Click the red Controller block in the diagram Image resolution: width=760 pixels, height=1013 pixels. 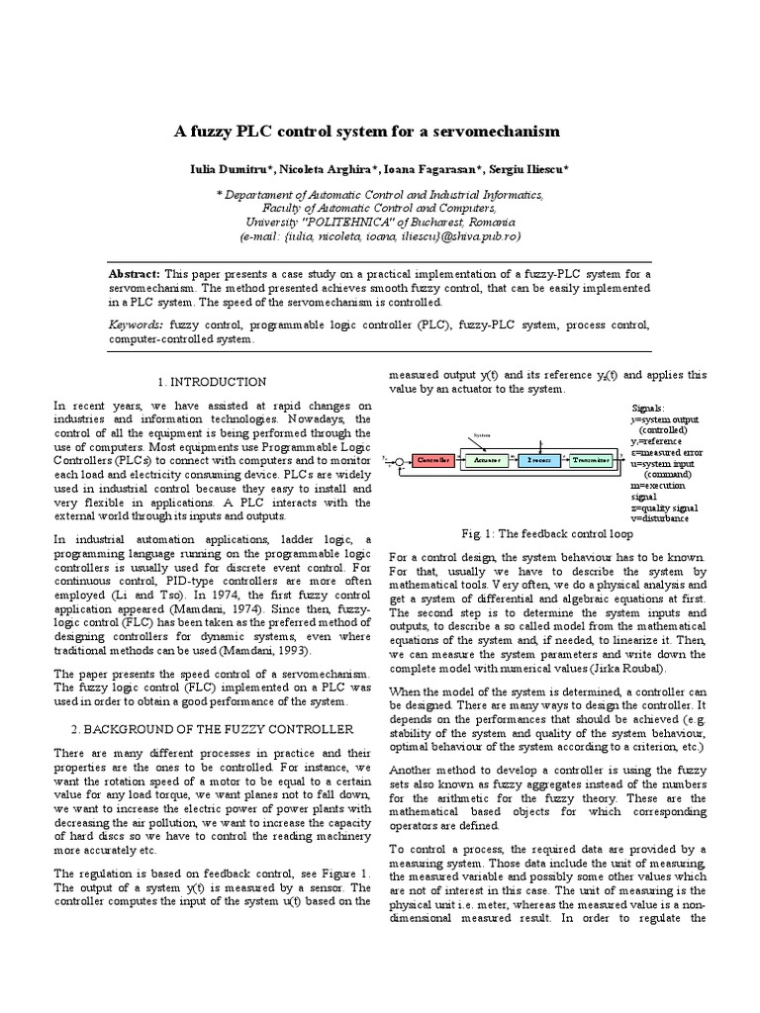click(433, 461)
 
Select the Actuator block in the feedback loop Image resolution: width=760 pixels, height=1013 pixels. click(487, 461)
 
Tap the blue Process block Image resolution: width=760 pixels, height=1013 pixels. click(539, 461)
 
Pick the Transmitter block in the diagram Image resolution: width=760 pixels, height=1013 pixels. click(592, 461)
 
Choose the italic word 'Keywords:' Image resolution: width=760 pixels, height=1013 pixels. click(137, 323)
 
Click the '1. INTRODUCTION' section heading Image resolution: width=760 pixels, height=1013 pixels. click(212, 382)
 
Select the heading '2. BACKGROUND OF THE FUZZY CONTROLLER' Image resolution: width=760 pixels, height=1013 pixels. click(212, 729)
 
